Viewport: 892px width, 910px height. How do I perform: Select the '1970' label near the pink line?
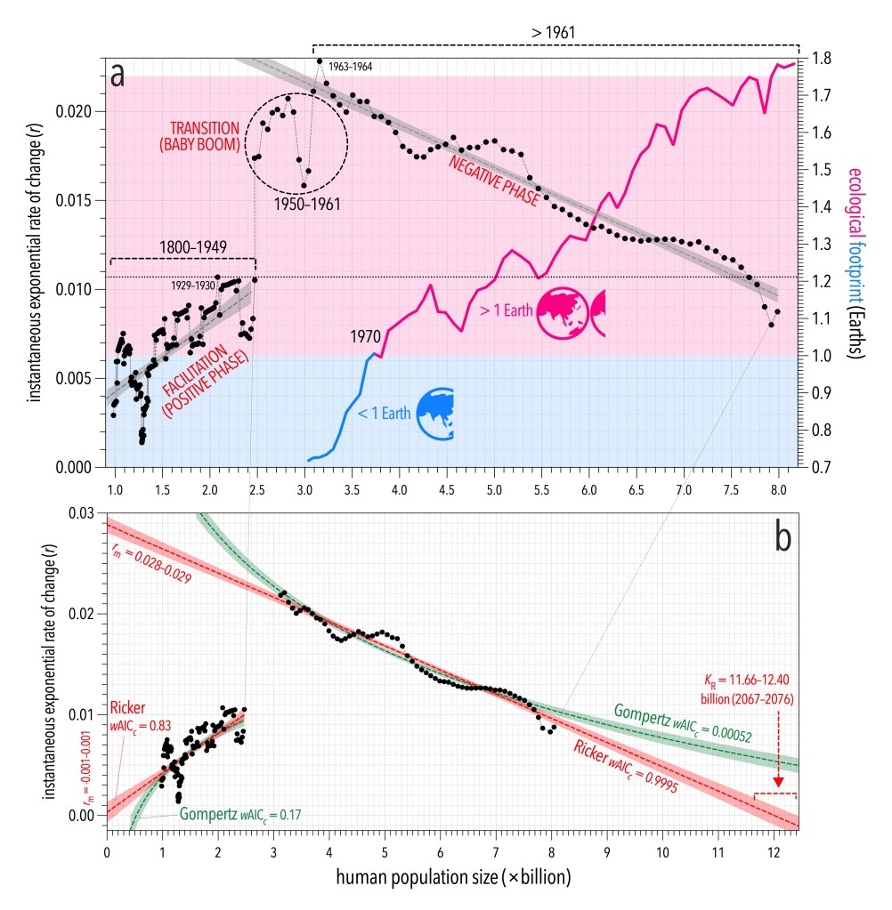365,337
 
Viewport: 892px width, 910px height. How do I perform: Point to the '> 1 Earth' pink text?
504,311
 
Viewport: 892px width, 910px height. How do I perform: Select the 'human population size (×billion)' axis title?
453,878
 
